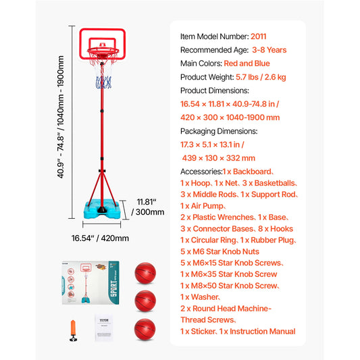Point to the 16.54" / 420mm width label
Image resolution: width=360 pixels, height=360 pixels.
[101, 238]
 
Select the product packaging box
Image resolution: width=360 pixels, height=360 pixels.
[94, 283]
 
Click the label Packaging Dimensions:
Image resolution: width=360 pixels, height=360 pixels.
[218, 131]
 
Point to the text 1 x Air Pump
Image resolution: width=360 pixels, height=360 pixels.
[203, 205]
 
